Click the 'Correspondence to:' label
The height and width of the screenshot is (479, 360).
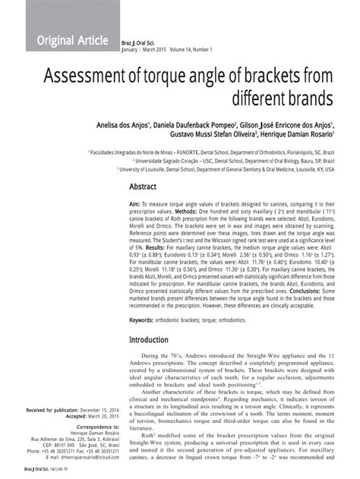tap(86, 428)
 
